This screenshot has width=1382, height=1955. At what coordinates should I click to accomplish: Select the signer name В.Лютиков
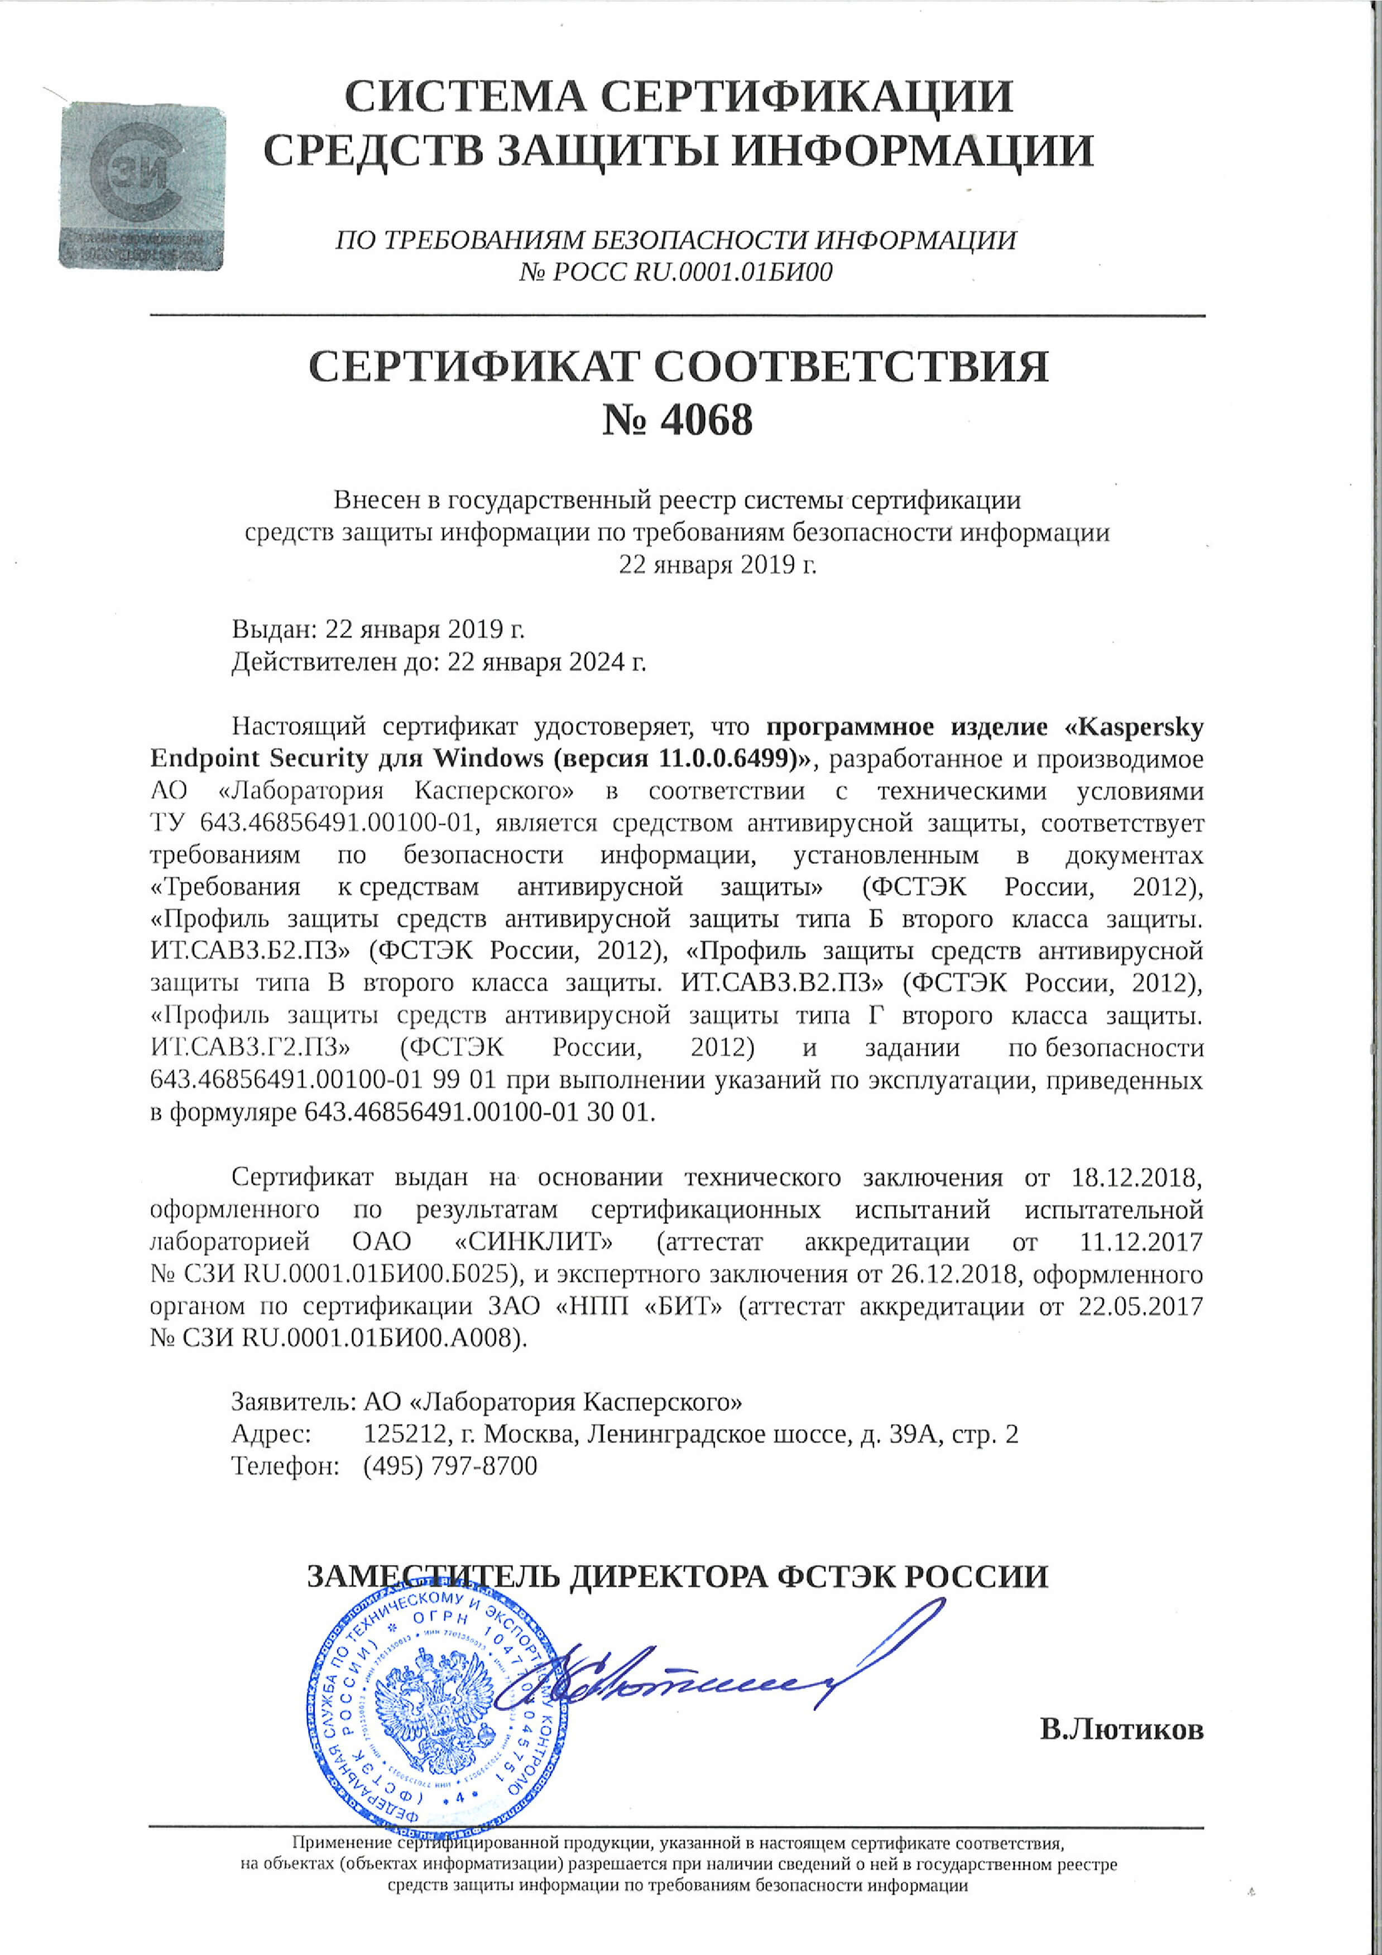click(1121, 1730)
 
